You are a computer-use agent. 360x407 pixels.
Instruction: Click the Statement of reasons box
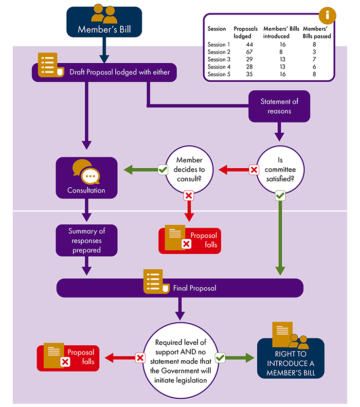coord(279,106)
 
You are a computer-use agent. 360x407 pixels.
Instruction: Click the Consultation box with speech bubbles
coord(87,177)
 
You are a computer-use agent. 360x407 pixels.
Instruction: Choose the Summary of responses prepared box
coord(87,240)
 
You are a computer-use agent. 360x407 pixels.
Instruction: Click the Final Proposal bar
coord(180,288)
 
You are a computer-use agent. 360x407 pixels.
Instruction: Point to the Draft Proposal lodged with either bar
coord(105,72)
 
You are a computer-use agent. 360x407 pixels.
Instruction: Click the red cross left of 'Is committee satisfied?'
coord(253,170)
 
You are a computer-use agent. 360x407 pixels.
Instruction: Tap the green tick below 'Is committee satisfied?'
coord(280,196)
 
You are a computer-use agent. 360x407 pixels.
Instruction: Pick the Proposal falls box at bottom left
coord(68,358)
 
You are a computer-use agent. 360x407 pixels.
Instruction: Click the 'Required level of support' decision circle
coord(180,358)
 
